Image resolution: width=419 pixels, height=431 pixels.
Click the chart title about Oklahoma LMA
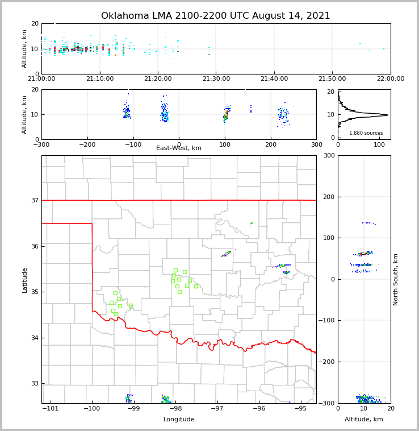tap(215, 16)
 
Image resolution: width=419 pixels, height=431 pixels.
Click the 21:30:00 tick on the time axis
tap(216, 79)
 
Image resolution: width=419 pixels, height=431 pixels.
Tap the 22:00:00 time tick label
tap(390, 79)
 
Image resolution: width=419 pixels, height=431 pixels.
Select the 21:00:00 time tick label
tap(41, 79)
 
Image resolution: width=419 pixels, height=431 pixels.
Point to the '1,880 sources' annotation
tap(366, 133)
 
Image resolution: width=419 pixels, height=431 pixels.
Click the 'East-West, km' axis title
tap(179, 148)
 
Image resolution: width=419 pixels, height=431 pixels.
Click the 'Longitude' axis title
tap(179, 420)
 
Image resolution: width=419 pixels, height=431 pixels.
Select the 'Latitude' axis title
tap(24, 280)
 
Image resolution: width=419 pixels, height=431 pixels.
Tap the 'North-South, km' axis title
tap(396, 279)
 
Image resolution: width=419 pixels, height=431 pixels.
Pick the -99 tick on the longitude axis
tap(133, 408)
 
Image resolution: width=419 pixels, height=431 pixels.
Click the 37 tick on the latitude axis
tap(34, 200)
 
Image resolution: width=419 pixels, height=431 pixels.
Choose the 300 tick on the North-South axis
tap(328, 155)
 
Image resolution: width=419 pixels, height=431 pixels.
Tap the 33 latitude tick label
tap(34, 383)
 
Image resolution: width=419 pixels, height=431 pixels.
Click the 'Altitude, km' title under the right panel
tap(364, 420)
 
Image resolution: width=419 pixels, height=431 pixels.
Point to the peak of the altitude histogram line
tap(388, 115)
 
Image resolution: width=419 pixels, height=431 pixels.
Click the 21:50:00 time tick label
tap(332, 79)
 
